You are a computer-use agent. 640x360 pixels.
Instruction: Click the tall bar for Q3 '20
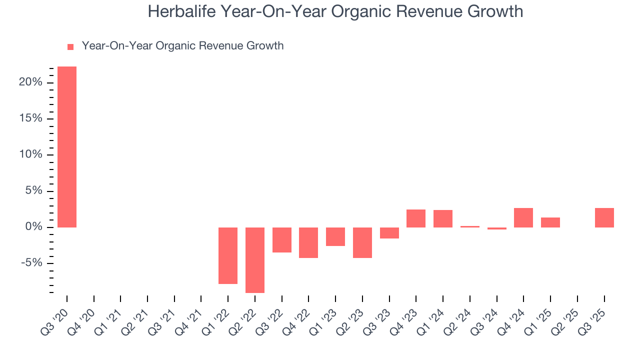click(x=67, y=147)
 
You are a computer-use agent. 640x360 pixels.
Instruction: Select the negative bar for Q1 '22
click(x=228, y=255)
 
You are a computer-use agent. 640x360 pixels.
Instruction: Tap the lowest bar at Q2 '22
click(x=255, y=260)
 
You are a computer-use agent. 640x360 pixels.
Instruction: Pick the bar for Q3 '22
click(x=282, y=240)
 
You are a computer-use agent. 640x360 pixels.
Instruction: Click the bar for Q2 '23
click(x=362, y=242)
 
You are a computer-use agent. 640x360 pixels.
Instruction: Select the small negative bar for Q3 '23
click(x=389, y=233)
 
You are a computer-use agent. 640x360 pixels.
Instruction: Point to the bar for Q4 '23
click(x=416, y=218)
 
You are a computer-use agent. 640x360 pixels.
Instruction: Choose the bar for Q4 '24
click(x=523, y=217)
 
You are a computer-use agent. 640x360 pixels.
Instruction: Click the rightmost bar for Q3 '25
click(x=604, y=217)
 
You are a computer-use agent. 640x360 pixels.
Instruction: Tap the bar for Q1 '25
click(x=550, y=222)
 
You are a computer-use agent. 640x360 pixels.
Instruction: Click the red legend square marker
click(x=70, y=47)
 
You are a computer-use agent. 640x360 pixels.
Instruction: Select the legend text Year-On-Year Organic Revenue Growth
click(x=182, y=46)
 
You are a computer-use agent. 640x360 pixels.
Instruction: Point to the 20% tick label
click(x=30, y=82)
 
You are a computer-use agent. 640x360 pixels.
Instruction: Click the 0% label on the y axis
click(x=33, y=227)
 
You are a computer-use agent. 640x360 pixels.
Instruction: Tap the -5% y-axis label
click(x=31, y=263)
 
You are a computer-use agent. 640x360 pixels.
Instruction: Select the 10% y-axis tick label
click(x=30, y=155)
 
